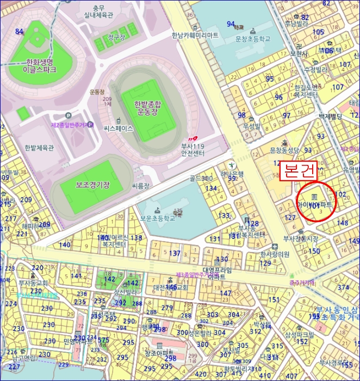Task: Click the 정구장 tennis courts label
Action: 116,37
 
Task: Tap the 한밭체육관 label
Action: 39,148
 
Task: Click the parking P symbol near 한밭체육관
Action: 67,115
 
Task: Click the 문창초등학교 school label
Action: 252,39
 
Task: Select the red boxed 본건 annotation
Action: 300,170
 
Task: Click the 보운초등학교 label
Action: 158,218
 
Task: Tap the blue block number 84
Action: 20,32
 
